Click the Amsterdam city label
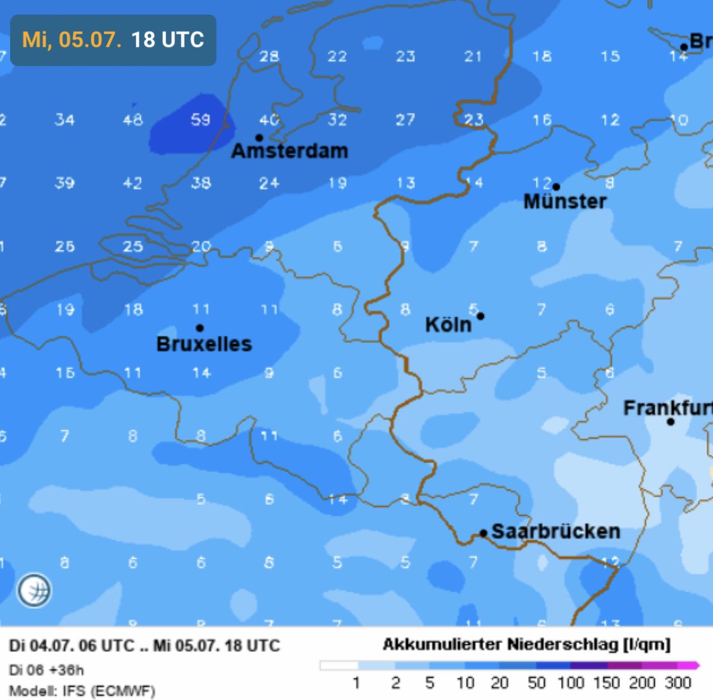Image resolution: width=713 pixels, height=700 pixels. point(289,151)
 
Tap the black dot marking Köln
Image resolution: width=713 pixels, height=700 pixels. point(481,316)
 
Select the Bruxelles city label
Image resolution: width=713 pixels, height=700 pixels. point(204,344)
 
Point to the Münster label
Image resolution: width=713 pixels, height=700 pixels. point(565,201)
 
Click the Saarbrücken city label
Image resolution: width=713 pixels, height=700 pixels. point(555,531)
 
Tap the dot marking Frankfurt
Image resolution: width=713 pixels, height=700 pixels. point(671,421)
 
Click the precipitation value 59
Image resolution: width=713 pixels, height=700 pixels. point(201,120)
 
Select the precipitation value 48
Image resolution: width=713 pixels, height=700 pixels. point(132,120)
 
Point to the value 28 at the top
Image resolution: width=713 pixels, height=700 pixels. point(269,56)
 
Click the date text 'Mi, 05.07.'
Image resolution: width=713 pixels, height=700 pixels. point(72,40)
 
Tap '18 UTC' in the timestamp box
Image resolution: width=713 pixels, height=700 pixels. point(167,40)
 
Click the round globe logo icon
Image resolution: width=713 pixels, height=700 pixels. point(34,590)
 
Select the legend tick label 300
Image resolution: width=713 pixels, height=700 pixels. point(678,683)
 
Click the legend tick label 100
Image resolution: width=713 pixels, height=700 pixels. point(571,683)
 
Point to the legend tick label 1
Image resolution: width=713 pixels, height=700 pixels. point(356,683)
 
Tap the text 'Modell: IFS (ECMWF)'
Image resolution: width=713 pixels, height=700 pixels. point(82,690)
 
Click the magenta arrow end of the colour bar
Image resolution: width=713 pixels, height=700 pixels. point(694,665)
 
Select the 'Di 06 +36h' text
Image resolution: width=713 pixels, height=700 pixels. point(46,670)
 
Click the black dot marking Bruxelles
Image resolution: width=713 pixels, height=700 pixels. point(199,328)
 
